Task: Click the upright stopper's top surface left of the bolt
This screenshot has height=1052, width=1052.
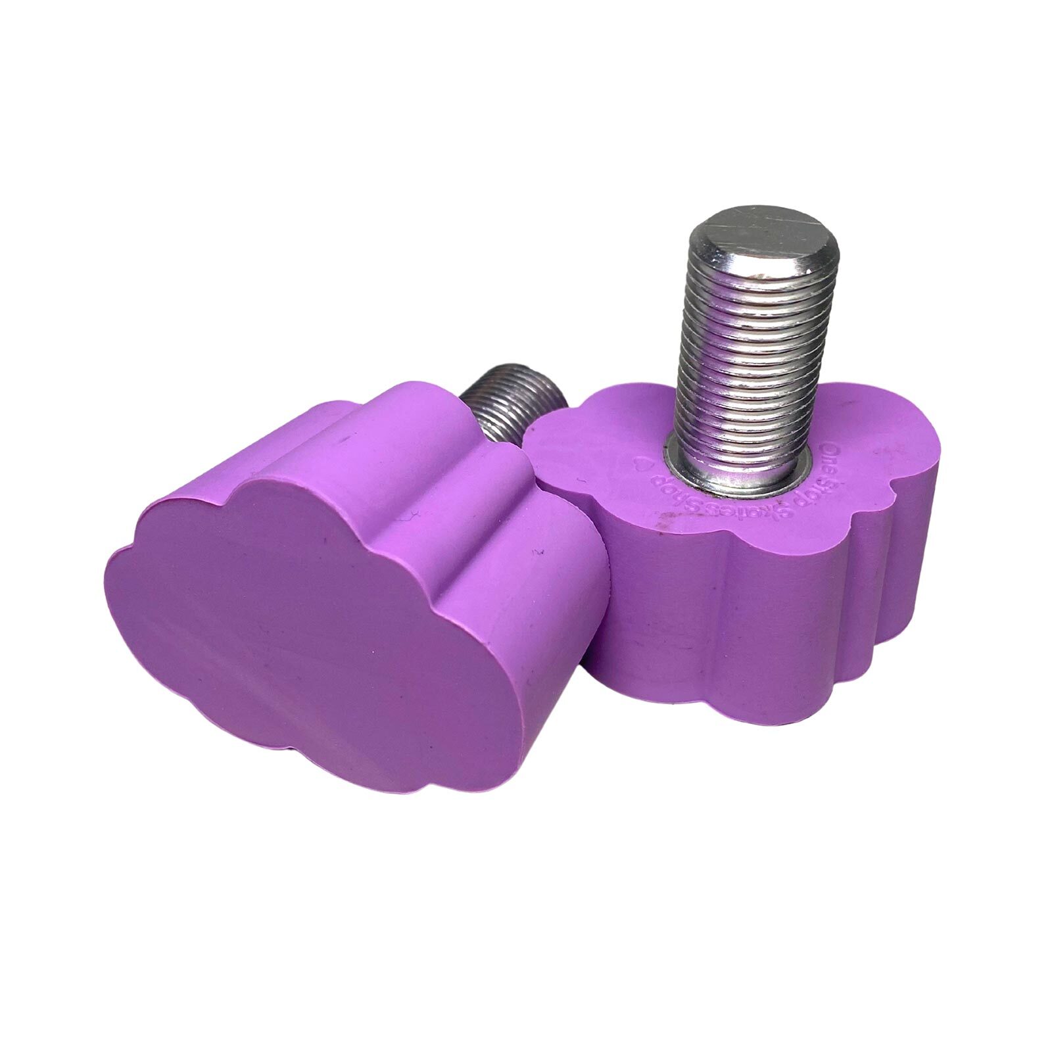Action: [x=592, y=447]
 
